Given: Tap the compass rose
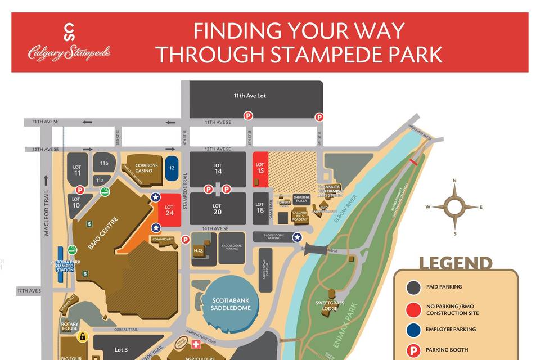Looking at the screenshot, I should click(454, 206).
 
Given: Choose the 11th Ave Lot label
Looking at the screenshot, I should click(250, 96).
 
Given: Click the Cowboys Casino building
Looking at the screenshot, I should click(144, 166).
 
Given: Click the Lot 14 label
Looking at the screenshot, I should click(218, 168).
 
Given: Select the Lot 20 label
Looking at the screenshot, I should click(218, 209).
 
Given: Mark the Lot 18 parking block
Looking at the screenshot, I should click(259, 209).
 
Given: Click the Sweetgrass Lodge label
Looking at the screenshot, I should click(326, 306).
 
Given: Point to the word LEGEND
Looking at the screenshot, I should click(455, 263).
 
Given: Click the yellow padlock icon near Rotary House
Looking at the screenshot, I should click(82, 336).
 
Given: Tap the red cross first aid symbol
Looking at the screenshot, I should click(196, 344).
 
